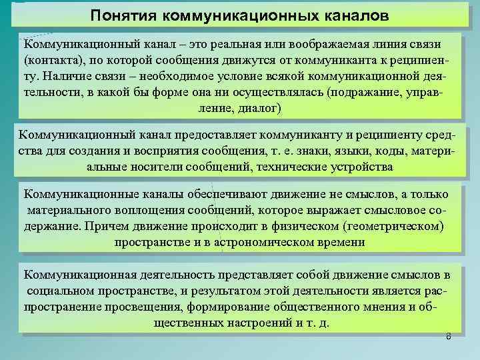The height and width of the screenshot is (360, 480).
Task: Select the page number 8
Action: [448, 337]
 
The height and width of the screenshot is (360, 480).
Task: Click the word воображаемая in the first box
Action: [346, 43]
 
